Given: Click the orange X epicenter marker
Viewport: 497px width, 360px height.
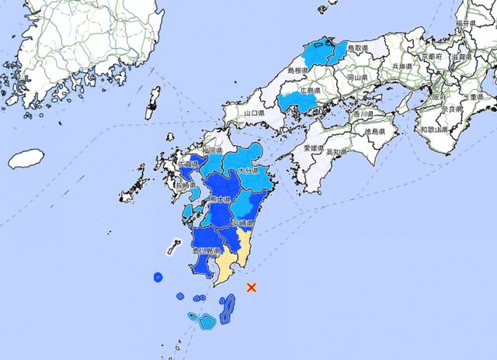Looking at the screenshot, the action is coord(251,288).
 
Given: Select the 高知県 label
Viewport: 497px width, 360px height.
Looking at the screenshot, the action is coord(339,152).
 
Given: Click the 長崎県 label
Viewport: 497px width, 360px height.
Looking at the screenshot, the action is coord(185,186).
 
